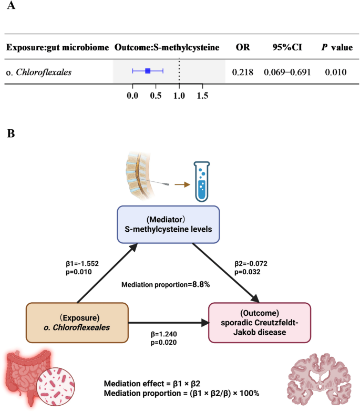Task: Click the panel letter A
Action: coord(11,7)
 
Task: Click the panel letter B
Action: coord(11,133)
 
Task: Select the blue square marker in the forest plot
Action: coord(148,70)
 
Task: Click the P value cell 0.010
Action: coord(336,70)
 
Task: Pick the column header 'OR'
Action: coord(242,47)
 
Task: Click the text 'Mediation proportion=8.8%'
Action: coord(165,284)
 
